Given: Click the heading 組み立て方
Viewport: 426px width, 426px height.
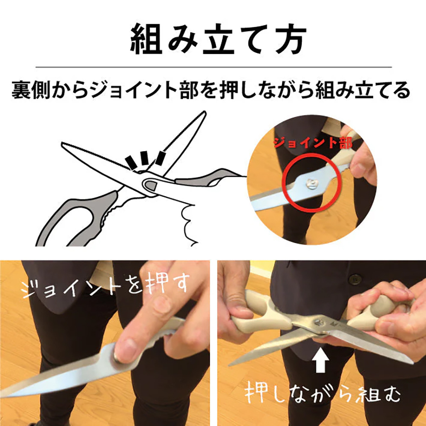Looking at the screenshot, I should coord(213,39).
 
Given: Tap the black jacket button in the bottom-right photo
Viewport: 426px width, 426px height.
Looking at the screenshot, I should coord(353,279).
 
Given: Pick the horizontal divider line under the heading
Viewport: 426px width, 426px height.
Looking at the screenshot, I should coord(213,67).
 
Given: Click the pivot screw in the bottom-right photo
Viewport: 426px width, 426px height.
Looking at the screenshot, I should coord(317,322).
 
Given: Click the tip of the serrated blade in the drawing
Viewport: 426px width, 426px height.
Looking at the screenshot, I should coord(63,144).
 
